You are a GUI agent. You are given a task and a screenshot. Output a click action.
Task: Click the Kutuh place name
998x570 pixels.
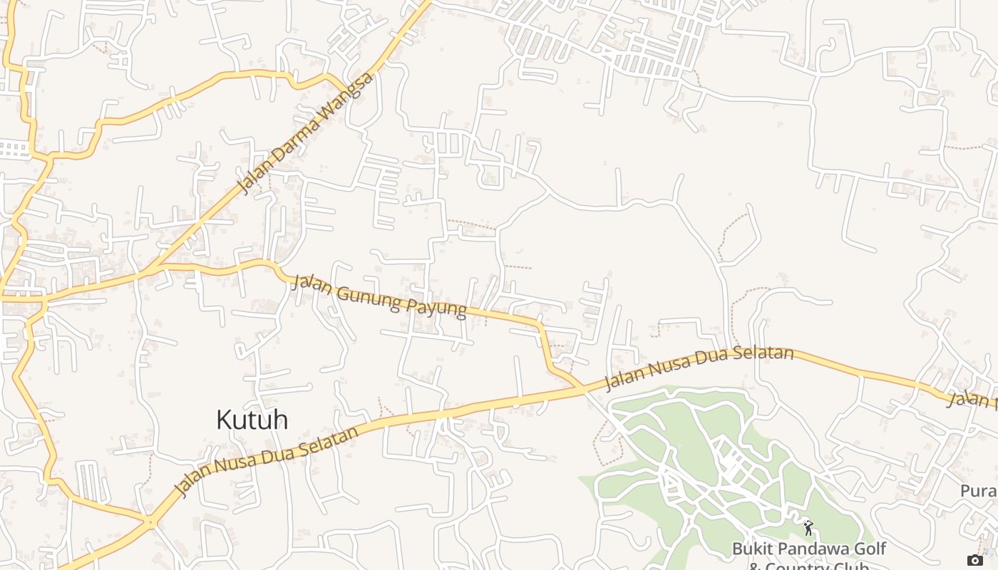click(x=252, y=420)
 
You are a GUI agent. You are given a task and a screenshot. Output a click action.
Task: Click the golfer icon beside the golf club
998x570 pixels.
click(x=808, y=527)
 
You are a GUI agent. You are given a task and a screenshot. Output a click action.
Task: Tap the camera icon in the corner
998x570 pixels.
click(x=974, y=560)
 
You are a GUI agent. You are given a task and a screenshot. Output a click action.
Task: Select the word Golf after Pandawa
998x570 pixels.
click(x=869, y=549)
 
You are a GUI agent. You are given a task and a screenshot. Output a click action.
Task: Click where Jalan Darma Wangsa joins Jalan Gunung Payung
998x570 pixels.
click(x=155, y=267)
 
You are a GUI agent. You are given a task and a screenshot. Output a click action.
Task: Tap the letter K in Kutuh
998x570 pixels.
click(x=224, y=420)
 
